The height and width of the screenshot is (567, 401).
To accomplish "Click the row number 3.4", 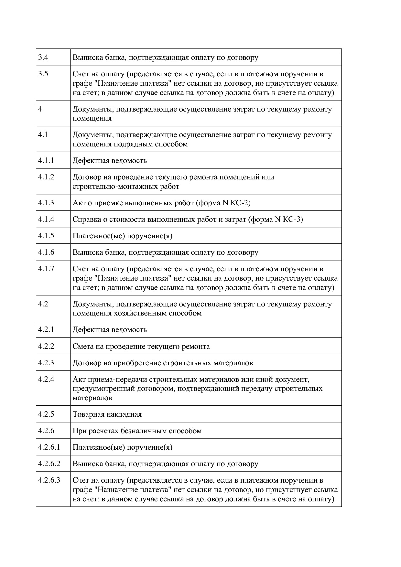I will click(43, 58).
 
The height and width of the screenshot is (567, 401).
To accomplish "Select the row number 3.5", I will click(43, 74).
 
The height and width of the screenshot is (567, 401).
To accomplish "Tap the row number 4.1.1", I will click(46, 161).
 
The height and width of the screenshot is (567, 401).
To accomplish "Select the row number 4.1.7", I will click(46, 269).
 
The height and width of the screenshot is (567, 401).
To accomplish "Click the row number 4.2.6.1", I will click(49, 447).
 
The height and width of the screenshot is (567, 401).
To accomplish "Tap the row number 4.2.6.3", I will click(49, 480).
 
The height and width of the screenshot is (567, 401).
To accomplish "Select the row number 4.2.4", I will click(46, 380).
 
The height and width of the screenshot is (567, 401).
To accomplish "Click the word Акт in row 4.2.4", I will click(79, 379).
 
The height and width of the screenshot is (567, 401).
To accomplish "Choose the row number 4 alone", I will click(40, 109).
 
